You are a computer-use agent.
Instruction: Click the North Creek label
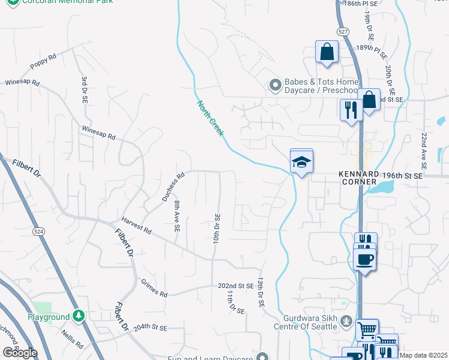pos(210,118)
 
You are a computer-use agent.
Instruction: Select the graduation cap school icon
pos(302,161)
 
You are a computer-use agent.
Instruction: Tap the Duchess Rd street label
pos(173,187)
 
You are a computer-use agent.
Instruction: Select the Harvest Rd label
pos(136,226)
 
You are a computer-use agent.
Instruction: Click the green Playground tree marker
pos(78,316)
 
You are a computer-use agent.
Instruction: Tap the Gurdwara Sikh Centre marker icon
pos(346,321)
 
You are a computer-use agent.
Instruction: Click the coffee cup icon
pos(365,259)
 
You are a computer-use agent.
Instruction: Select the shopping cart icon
pos(367,329)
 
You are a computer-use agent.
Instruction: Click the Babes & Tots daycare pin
pos(275,86)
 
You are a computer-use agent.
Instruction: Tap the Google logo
pos(20,352)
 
